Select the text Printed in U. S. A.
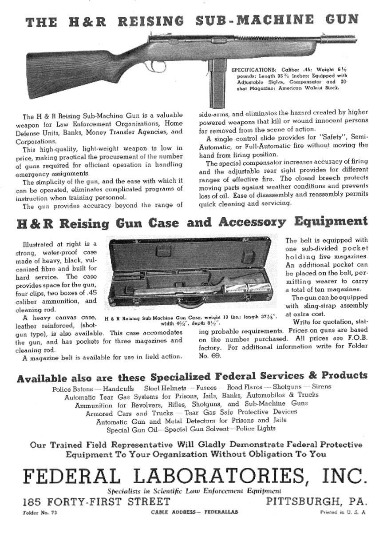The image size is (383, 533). [x=343, y=513]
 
